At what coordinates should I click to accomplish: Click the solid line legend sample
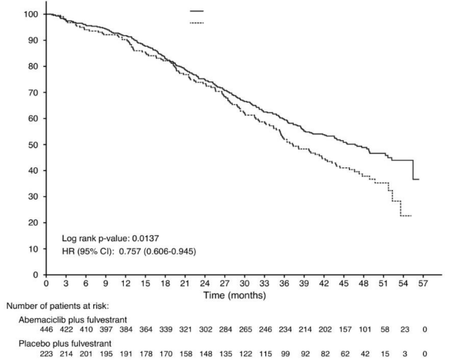pos(197,12)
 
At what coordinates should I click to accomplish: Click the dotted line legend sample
pos(197,23)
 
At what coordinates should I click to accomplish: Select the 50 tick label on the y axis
pos(33,144)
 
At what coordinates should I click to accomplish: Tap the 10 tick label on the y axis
pos(33,249)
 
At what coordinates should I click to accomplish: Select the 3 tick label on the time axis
pos(65,282)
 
